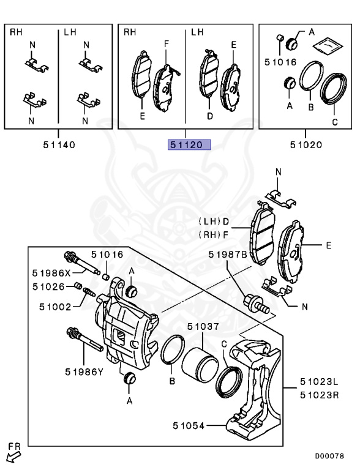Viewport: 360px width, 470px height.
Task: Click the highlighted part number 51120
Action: coord(190,145)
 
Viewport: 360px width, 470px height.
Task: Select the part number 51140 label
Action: coord(59,145)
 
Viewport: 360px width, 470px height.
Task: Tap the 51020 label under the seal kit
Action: coord(306,145)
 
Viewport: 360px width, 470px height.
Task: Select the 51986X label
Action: coord(51,273)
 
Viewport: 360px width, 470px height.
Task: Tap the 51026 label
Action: coord(48,286)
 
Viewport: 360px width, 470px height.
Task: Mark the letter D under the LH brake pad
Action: coord(210,115)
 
